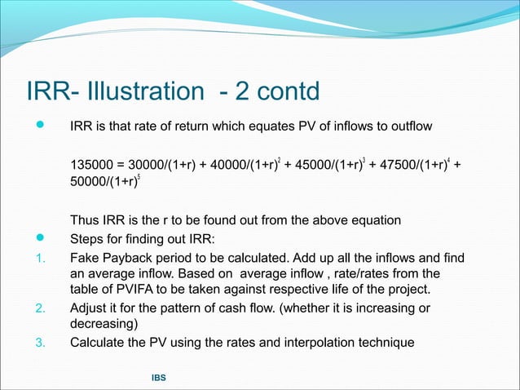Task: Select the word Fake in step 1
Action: click(86, 258)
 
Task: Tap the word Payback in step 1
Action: click(130, 258)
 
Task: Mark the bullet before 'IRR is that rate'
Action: click(38, 126)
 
